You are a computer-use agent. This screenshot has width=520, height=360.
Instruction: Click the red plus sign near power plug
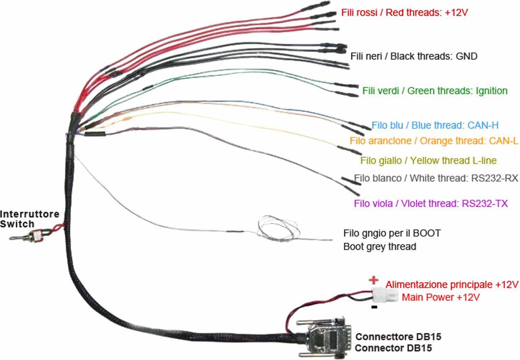pos(373,280)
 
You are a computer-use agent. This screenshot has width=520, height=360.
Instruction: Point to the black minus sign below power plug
pos(374,307)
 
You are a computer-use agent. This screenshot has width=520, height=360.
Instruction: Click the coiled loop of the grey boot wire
pos(278,229)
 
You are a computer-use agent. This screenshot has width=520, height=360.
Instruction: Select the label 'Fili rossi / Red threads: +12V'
pos(404,13)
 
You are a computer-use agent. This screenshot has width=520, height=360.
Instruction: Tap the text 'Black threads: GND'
pos(434,56)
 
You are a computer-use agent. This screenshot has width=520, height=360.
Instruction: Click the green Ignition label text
pos(435,91)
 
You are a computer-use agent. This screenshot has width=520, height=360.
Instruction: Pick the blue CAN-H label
pos(435,126)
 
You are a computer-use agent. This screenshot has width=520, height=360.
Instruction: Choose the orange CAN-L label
pos(434,141)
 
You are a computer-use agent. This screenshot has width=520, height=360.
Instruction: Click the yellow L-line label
pos(428,160)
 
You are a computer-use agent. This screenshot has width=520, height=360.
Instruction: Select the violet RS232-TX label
pos(431,203)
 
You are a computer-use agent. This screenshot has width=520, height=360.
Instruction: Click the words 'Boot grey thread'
pos(379,247)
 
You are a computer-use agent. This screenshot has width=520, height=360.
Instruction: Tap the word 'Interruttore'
pos(30,214)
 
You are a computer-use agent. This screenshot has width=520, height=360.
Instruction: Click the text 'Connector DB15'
pos(393,348)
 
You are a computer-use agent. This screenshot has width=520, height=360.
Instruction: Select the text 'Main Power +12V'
pos(441,297)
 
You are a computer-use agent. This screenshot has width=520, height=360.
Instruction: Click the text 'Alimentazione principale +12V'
pos(452,285)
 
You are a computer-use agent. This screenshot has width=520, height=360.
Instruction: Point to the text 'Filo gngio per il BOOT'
pos(392,233)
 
